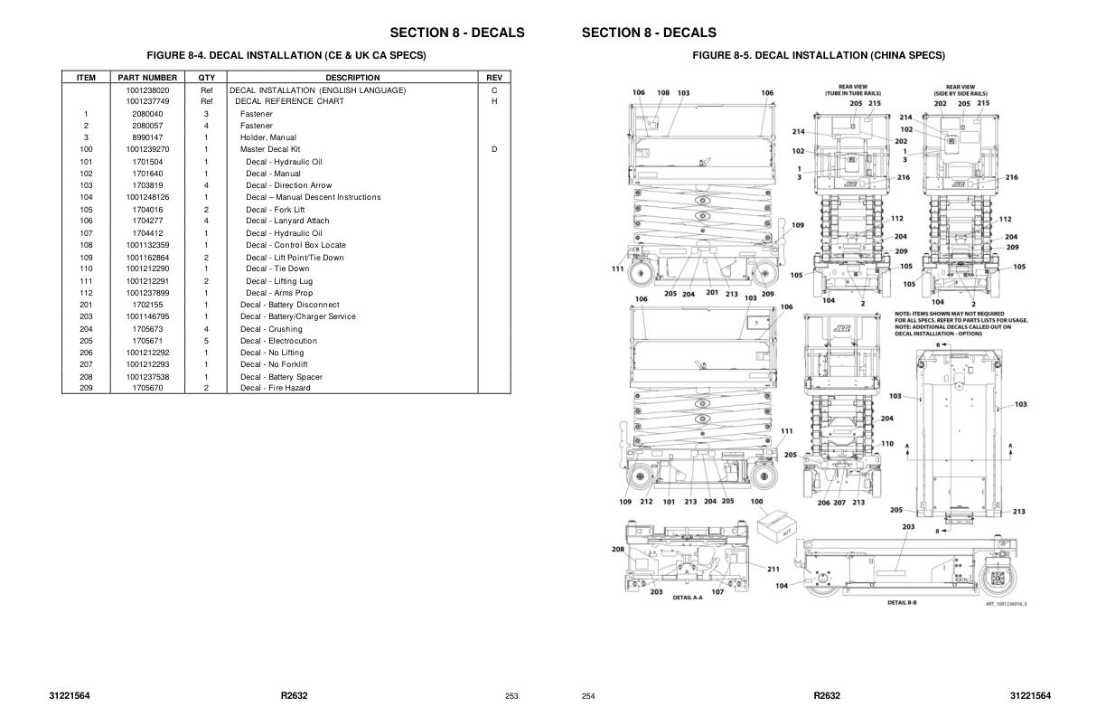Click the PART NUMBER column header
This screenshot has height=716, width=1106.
147,78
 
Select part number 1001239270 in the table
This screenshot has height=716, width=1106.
147,149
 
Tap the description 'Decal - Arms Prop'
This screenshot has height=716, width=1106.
279,293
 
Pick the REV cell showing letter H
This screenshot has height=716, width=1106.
494,101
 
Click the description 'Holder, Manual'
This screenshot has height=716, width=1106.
267,137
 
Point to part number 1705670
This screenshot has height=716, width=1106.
147,388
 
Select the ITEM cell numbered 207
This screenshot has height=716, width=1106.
86,364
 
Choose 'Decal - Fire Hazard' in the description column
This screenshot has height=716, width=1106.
275,388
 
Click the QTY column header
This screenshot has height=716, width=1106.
206,78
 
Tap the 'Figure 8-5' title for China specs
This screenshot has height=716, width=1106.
819,56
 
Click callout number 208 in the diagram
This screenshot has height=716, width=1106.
618,549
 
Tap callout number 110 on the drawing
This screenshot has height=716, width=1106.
887,444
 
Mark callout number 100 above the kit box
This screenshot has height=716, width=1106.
756,502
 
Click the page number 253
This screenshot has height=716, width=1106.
511,696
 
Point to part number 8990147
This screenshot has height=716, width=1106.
147,137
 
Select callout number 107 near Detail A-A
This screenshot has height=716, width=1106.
717,592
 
